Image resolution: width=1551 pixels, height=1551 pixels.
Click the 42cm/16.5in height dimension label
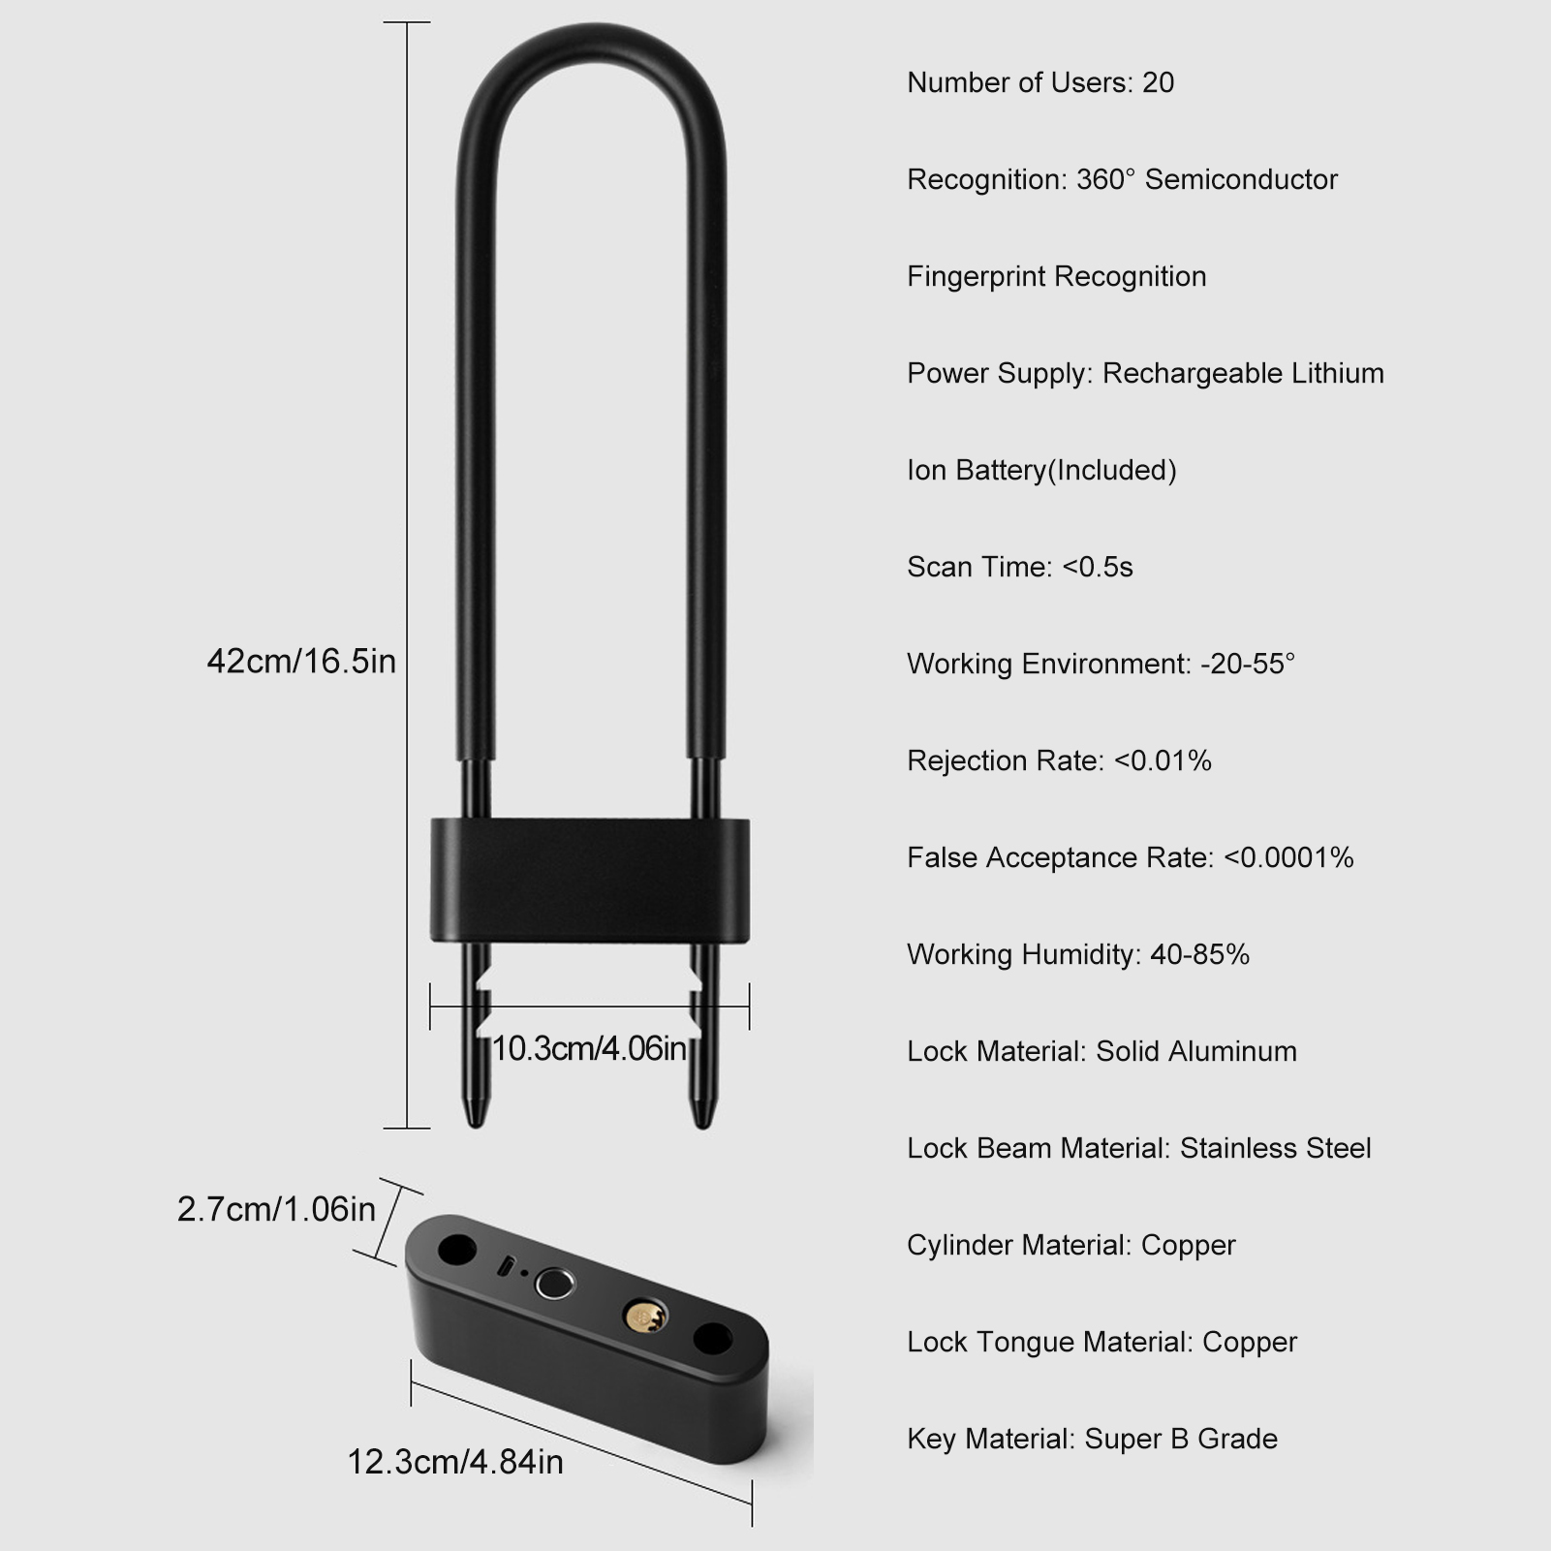(x=301, y=662)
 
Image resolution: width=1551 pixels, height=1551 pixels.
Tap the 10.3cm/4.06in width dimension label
(x=589, y=1048)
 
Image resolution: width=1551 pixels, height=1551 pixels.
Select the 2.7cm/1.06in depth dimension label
(x=276, y=1209)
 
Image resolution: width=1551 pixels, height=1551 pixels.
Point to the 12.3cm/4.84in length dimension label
(x=455, y=1461)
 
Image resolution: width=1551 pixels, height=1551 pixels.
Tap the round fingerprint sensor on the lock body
(x=554, y=1285)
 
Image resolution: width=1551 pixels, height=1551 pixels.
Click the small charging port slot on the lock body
(x=506, y=1265)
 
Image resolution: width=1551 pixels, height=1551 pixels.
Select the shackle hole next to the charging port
(x=457, y=1250)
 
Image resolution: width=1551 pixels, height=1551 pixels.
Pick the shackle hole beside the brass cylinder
(x=713, y=1341)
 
